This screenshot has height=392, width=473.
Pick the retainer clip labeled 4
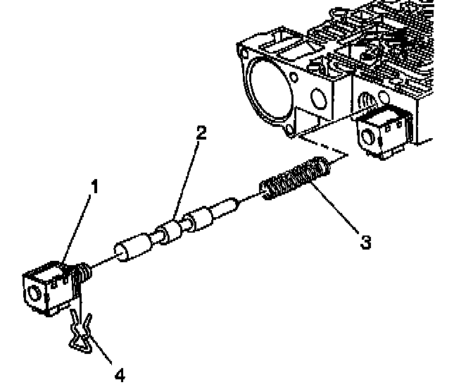[84, 331]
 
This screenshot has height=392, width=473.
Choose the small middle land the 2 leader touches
[170, 233]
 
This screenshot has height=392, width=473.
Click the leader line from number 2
[187, 176]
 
